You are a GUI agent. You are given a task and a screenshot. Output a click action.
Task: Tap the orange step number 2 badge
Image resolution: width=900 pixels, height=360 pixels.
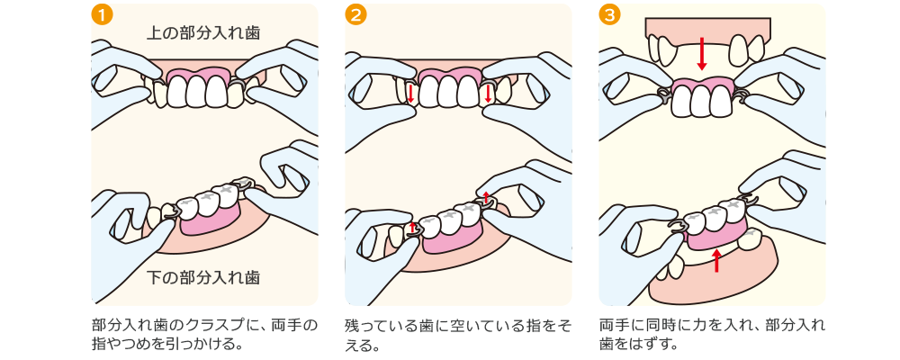(355, 15)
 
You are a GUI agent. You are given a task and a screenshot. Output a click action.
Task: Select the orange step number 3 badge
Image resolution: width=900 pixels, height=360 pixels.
(611, 15)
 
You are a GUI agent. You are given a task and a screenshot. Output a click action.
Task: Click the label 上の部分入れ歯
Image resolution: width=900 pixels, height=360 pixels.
(203, 33)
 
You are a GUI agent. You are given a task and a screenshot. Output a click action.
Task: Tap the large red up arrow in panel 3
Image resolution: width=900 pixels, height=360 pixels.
(716, 260)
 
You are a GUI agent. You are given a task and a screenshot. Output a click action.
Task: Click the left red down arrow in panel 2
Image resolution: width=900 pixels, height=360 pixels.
(410, 94)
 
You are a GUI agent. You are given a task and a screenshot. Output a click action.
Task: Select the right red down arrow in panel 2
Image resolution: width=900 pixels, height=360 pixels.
(488, 93)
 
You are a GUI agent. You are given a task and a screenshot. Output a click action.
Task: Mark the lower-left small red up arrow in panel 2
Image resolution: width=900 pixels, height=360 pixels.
(414, 228)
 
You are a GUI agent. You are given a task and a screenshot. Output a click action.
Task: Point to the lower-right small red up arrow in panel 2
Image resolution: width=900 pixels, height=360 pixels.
(487, 197)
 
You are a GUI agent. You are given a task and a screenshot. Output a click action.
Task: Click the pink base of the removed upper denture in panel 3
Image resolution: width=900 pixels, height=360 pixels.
(702, 86)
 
